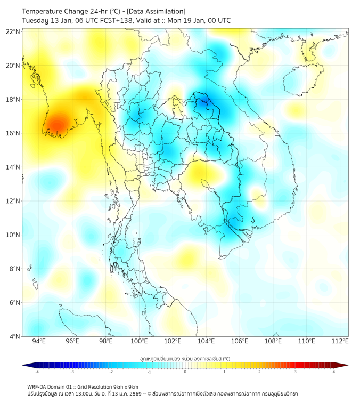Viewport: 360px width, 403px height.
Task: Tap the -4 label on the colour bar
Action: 36,372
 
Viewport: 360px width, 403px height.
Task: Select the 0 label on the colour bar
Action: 185,372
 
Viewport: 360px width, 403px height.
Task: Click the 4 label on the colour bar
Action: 334,372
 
